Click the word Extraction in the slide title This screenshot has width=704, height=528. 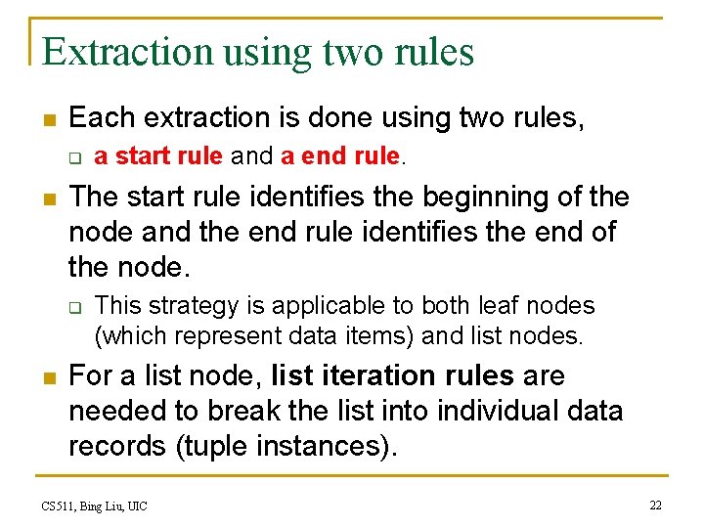tap(128, 51)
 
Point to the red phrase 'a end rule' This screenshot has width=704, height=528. tap(339, 155)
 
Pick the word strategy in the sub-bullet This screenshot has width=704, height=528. tap(183, 306)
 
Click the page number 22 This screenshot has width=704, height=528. tap(655, 505)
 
